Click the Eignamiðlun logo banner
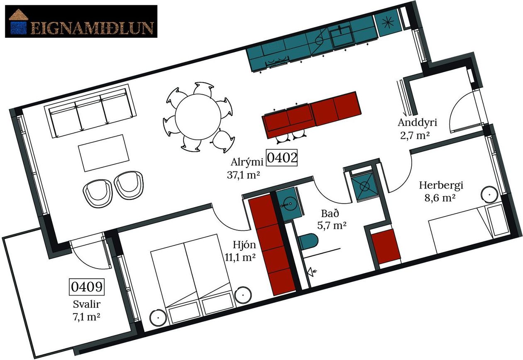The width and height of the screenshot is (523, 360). click(x=81, y=21)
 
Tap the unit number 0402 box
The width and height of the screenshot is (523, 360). click(x=282, y=158)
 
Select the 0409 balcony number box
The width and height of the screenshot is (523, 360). click(x=87, y=287)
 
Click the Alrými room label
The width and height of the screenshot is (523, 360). click(x=247, y=162)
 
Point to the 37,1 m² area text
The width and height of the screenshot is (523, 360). click(x=244, y=175)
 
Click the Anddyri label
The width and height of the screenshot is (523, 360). click(x=417, y=123)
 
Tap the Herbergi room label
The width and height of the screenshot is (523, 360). click(x=441, y=185)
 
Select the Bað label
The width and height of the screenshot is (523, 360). click(x=330, y=213)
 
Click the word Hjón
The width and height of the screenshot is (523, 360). click(x=244, y=245)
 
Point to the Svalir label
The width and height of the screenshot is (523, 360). click(x=87, y=304)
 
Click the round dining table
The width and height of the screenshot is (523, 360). click(x=198, y=117)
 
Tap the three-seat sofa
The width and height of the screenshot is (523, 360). click(x=90, y=111)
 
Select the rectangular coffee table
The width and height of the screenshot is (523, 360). click(x=104, y=153)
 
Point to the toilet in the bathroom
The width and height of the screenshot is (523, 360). click(x=308, y=242)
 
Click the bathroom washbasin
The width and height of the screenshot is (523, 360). click(x=290, y=203)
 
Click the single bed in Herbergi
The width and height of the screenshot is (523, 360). click(x=469, y=229)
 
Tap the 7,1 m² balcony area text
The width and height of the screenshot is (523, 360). click(x=86, y=317)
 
